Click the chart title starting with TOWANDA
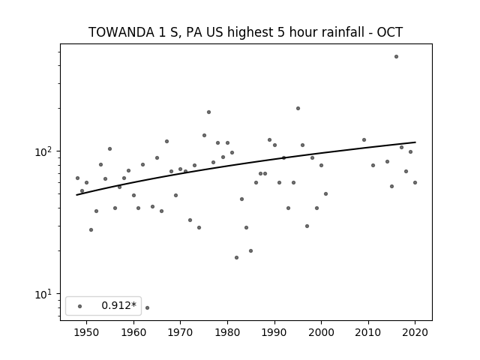pos(245,32)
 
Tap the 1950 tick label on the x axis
pos(87,332)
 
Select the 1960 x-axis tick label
pos(133,332)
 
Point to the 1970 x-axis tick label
pos(180,332)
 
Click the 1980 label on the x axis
pos(227,332)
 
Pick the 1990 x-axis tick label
pos(274,332)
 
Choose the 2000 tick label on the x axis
pos(321,332)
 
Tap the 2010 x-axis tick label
pos(368,332)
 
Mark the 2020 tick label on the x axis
pos(415,332)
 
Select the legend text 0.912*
pos(118,305)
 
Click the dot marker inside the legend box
pos(80,306)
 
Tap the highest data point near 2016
pos(397,57)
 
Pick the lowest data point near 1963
pos(147,307)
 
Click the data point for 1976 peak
pos(208,112)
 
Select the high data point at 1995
pos(298,108)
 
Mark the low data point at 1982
pos(237,258)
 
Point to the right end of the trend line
pos(415,142)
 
